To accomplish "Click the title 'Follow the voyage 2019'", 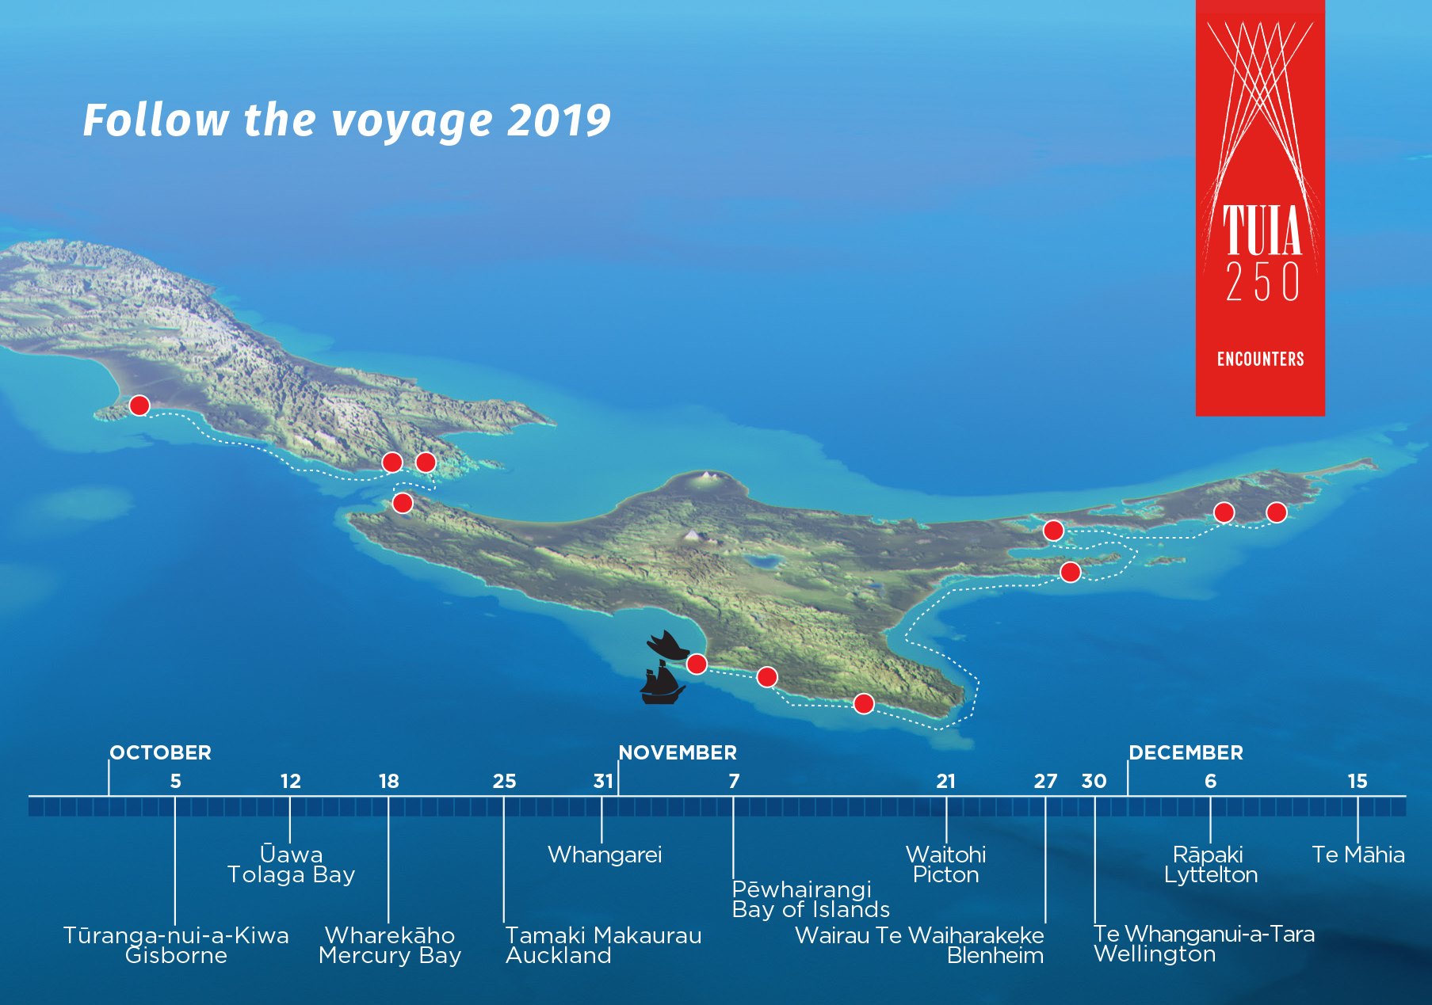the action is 347,121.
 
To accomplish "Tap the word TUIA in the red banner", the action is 1262,230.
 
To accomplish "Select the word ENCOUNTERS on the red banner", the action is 1260,360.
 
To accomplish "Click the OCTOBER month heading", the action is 161,752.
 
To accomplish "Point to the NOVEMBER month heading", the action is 678,752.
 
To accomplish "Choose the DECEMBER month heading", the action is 1186,752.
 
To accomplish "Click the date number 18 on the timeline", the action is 388,782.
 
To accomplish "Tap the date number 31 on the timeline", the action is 603,782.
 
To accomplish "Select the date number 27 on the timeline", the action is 1045,782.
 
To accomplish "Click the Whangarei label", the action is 605,855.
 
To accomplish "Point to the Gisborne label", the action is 176,955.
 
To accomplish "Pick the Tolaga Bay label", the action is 291,875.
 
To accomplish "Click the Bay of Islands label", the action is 811,910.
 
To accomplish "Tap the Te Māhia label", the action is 1358,855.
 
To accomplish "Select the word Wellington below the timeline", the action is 1155,954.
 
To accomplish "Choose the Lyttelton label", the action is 1211,875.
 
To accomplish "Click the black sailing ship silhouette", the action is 663,683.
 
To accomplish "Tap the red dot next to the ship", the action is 697,664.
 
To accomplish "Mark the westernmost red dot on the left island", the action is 139,405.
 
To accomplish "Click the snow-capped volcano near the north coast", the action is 705,478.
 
